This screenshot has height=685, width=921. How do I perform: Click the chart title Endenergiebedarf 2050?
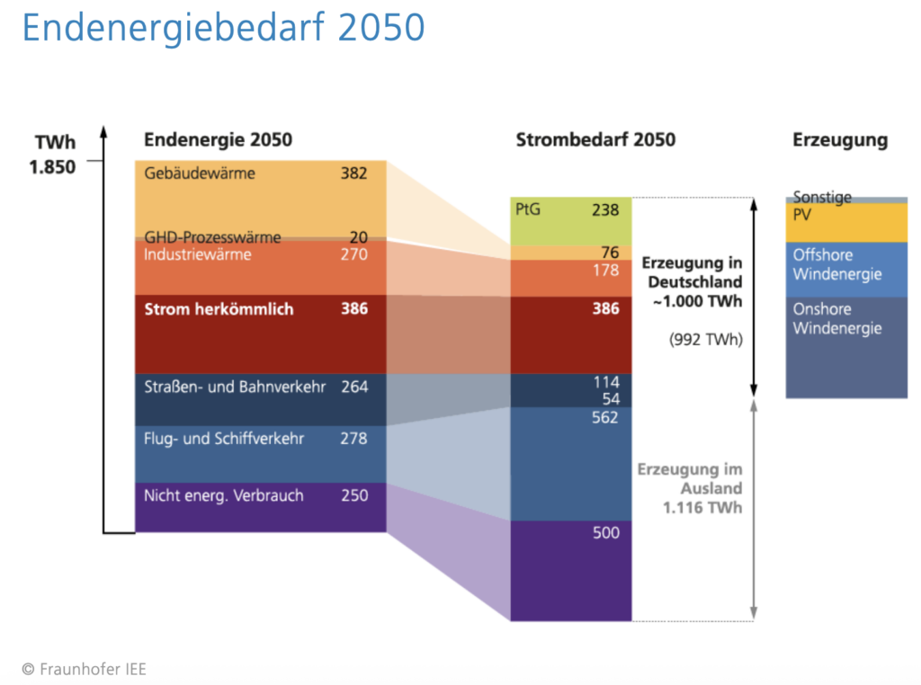tap(223, 28)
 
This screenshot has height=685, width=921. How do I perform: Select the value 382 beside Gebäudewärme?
tap(353, 173)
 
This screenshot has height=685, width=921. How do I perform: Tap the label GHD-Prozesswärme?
tap(212, 237)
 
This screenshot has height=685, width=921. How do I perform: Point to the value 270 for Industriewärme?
tap(353, 254)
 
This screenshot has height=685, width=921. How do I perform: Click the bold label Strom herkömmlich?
tap(219, 308)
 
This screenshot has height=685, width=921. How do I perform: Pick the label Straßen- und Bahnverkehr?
tap(235, 387)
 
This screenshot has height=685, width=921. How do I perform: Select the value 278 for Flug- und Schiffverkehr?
tap(353, 439)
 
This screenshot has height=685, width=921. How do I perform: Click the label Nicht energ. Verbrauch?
tap(224, 495)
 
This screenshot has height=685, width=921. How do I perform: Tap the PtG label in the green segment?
tap(528, 209)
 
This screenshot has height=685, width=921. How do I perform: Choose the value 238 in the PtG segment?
tap(605, 209)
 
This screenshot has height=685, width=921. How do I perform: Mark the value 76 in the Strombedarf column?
tap(610, 253)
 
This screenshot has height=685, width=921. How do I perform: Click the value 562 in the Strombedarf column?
tap(605, 417)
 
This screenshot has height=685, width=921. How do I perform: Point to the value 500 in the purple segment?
tap(605, 532)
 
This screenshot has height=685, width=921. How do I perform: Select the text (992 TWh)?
tap(705, 340)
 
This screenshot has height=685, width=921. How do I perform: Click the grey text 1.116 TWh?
tap(702, 508)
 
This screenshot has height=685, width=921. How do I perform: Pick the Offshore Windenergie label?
tap(836, 264)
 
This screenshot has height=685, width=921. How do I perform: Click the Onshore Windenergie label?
tap(836, 318)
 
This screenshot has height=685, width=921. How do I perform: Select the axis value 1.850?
tap(52, 166)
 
